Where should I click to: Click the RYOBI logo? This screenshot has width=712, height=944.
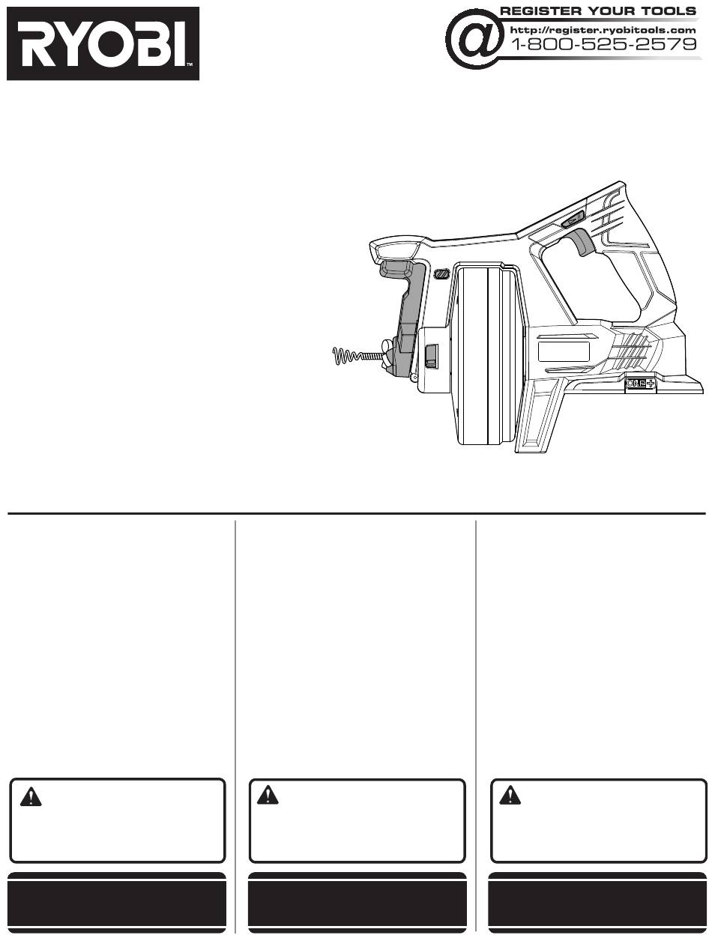pos(103,43)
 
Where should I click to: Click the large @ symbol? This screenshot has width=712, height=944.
pos(474,39)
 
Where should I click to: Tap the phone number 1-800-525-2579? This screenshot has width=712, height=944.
pos(603,44)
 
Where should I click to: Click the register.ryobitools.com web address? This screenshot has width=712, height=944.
pos(603,30)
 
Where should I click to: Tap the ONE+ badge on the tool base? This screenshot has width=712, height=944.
pos(641,383)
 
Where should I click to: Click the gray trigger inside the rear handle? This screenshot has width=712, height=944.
pos(579,242)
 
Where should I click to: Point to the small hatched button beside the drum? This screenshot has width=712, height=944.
pos(442,273)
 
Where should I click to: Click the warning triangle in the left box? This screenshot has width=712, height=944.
pos(31,796)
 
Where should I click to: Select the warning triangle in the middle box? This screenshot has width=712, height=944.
pos(268,795)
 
